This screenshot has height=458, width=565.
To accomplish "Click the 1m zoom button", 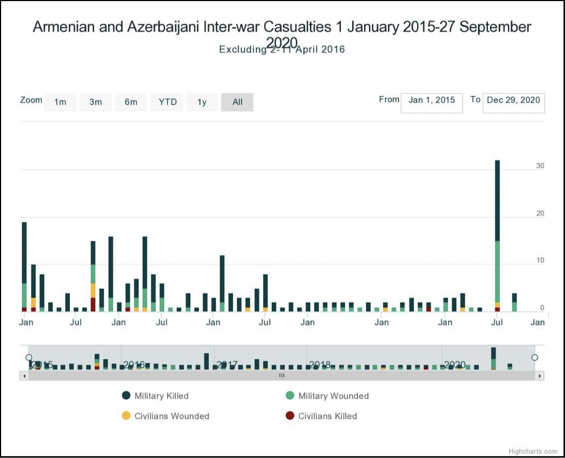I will tap(60, 102).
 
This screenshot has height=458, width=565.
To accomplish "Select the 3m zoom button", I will tap(95, 102).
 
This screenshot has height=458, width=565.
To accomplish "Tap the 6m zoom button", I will tap(131, 102).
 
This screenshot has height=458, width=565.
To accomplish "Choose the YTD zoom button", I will tap(167, 102).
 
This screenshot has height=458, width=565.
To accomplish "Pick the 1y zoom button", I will tap(202, 102).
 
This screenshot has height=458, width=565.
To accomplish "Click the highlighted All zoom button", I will tap(237, 102).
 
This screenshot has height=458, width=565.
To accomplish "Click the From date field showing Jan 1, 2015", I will tap(432, 103).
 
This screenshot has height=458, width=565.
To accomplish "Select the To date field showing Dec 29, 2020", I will tap(513, 103).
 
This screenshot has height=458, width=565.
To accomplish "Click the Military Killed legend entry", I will tap(155, 396).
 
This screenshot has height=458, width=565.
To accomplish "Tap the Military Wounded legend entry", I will tap(327, 396).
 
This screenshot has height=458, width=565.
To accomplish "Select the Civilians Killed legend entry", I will tap(321, 416).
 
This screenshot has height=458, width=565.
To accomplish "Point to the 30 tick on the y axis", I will tap(540, 166).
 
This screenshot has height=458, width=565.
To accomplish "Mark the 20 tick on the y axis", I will tap(540, 213).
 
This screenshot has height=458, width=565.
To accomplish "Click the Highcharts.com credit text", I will tap(533, 451).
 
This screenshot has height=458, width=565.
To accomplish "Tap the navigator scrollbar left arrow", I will tap(24, 376).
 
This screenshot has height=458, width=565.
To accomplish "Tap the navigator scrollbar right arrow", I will tap(540, 376).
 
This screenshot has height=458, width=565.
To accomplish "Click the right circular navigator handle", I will tap(535, 357).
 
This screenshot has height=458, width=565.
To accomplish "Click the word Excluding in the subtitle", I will tap(242, 50).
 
